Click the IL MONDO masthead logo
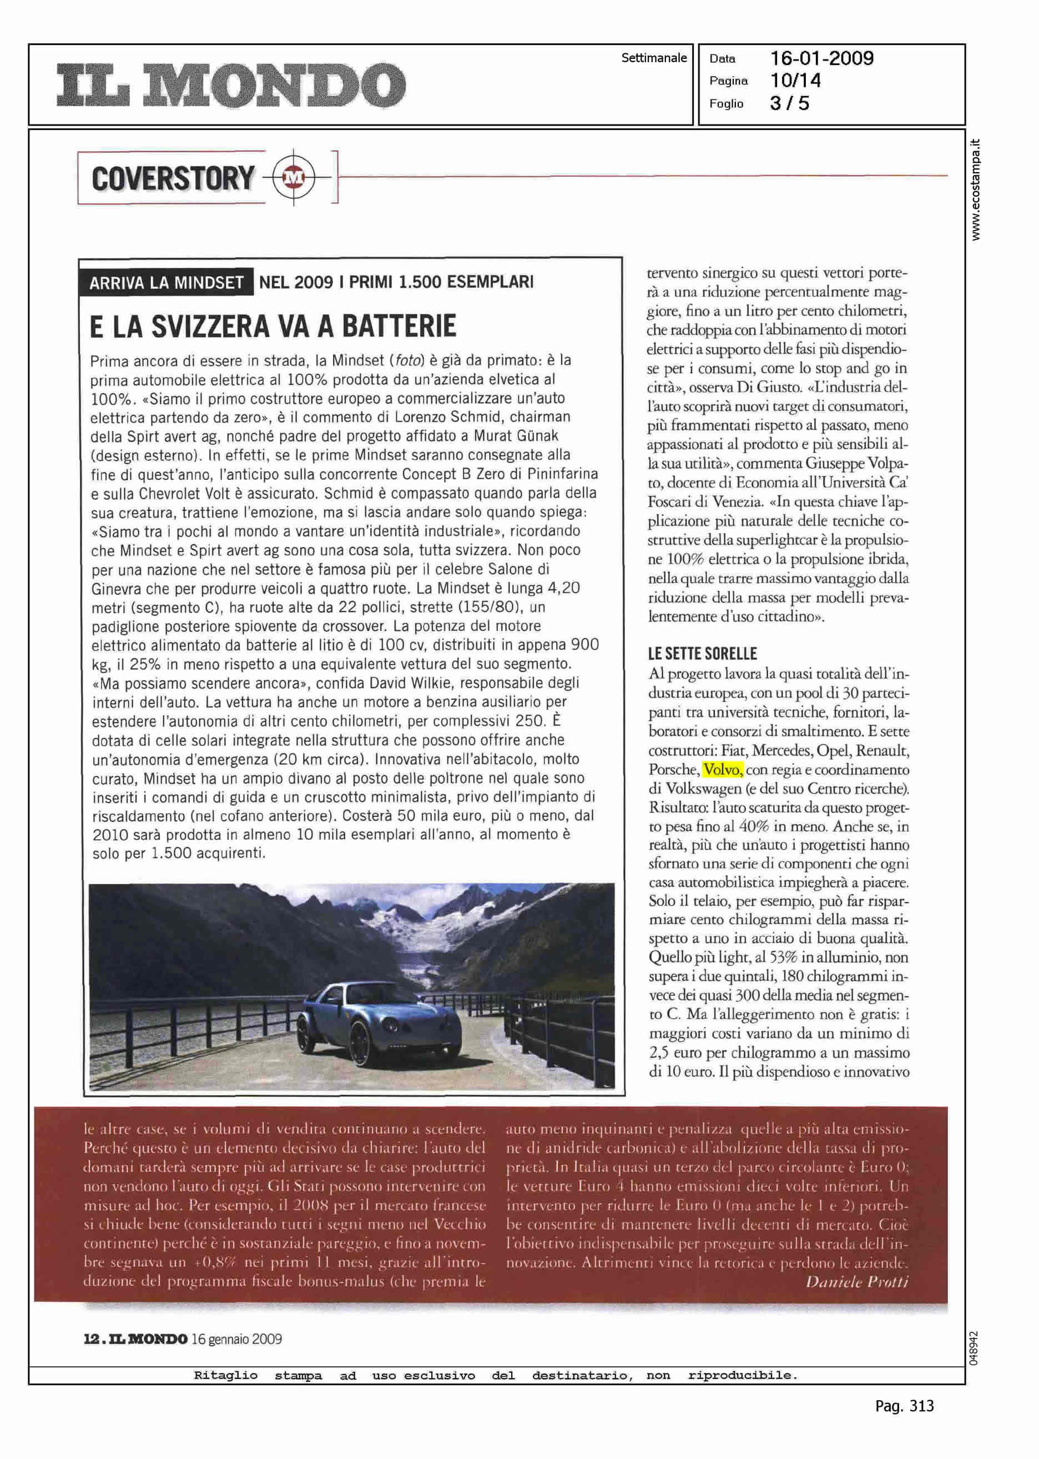coord(230,84)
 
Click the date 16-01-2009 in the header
coord(821,59)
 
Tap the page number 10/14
coord(795,81)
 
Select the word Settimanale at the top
coord(653,58)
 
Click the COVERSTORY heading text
coord(173,178)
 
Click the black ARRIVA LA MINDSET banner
coord(167,282)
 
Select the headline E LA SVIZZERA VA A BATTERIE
coord(273,326)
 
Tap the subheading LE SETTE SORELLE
coord(702,654)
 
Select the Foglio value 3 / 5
coord(789,103)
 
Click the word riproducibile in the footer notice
coord(742,1375)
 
